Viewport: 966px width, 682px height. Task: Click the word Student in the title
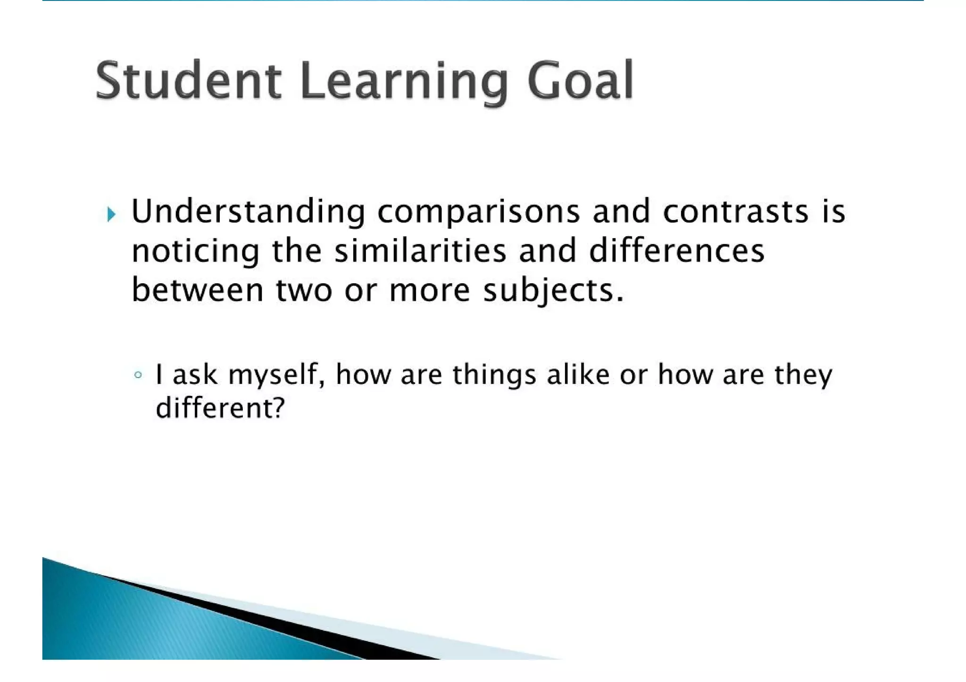click(188, 81)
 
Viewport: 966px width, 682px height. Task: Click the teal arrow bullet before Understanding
click(111, 214)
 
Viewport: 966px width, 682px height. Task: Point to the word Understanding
click(248, 212)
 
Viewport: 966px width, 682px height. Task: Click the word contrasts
click(735, 212)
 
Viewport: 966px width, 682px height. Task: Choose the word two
click(304, 290)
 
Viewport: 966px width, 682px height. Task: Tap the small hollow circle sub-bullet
click(138, 375)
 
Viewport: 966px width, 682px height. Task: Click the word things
click(494, 376)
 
